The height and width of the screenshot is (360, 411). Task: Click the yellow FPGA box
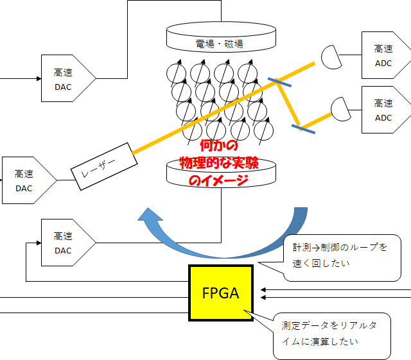click(x=221, y=293)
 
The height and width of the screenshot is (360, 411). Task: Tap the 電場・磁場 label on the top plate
click(x=220, y=44)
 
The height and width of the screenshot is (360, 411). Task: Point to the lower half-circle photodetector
click(x=341, y=106)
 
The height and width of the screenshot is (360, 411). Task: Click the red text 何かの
click(x=219, y=146)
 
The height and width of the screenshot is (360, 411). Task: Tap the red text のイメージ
click(x=218, y=180)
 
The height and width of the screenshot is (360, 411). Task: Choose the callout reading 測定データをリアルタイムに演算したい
click(x=331, y=334)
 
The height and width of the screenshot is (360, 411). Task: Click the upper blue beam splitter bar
click(x=281, y=83)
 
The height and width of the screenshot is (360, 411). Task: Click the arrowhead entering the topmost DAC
click(x=37, y=79)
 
